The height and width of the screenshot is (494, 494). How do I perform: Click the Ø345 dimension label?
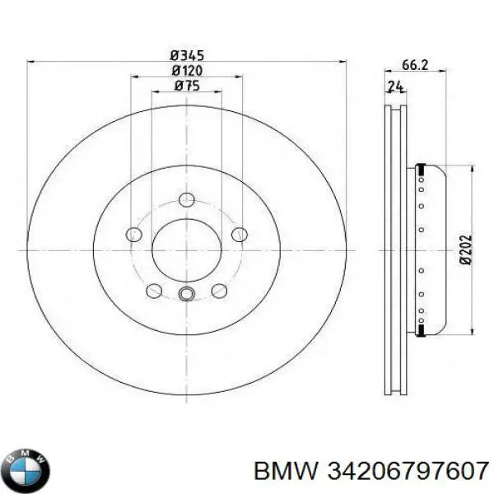(x=186, y=54)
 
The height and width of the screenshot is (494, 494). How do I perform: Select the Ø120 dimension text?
(x=187, y=70)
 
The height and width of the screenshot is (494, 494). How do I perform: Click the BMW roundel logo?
(x=26, y=470)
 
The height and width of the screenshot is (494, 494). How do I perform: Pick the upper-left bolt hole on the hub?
(x=133, y=235)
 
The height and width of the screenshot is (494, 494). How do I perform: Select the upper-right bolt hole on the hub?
(x=239, y=235)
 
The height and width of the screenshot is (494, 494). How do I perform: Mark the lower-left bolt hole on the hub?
(x=153, y=291)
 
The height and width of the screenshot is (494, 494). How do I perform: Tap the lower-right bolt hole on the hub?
(x=219, y=291)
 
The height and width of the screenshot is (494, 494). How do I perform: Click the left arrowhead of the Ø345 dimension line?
(x=31, y=60)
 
